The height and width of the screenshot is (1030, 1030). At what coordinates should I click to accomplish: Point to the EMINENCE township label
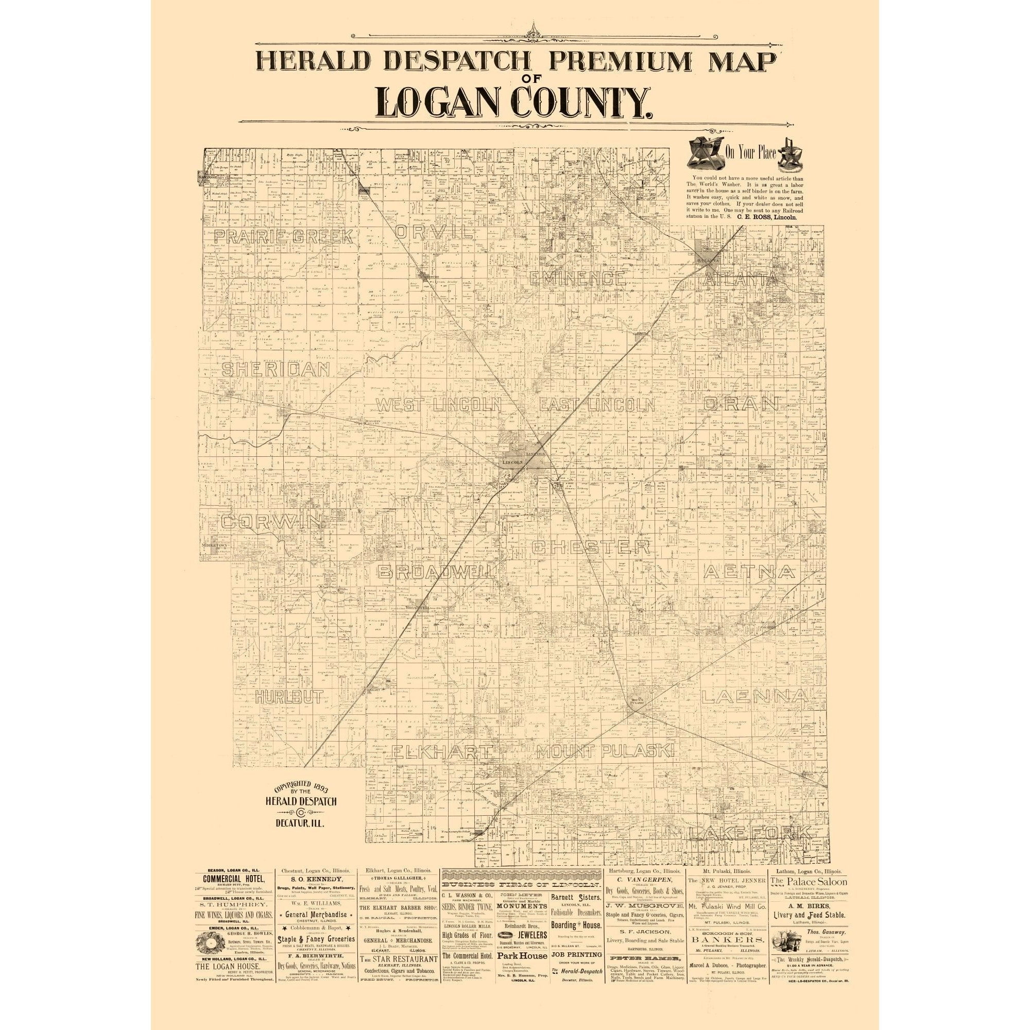577,278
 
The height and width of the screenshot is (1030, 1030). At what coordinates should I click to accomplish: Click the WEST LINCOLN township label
439,405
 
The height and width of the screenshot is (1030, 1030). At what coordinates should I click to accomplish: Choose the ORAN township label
741,404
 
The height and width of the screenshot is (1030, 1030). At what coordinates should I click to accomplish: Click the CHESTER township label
591,547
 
